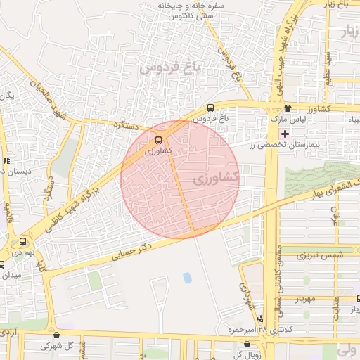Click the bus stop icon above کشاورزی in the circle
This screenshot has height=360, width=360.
(158, 140)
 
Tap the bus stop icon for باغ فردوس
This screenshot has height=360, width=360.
(210, 108)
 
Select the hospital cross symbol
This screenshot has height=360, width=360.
(284, 134)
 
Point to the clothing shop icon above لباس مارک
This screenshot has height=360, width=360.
(288, 108)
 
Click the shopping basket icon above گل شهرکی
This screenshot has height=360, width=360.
(57, 335)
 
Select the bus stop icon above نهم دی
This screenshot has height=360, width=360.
(23, 240)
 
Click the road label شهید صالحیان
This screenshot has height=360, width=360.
(48, 100)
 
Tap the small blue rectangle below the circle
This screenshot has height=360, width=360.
(187, 278)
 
